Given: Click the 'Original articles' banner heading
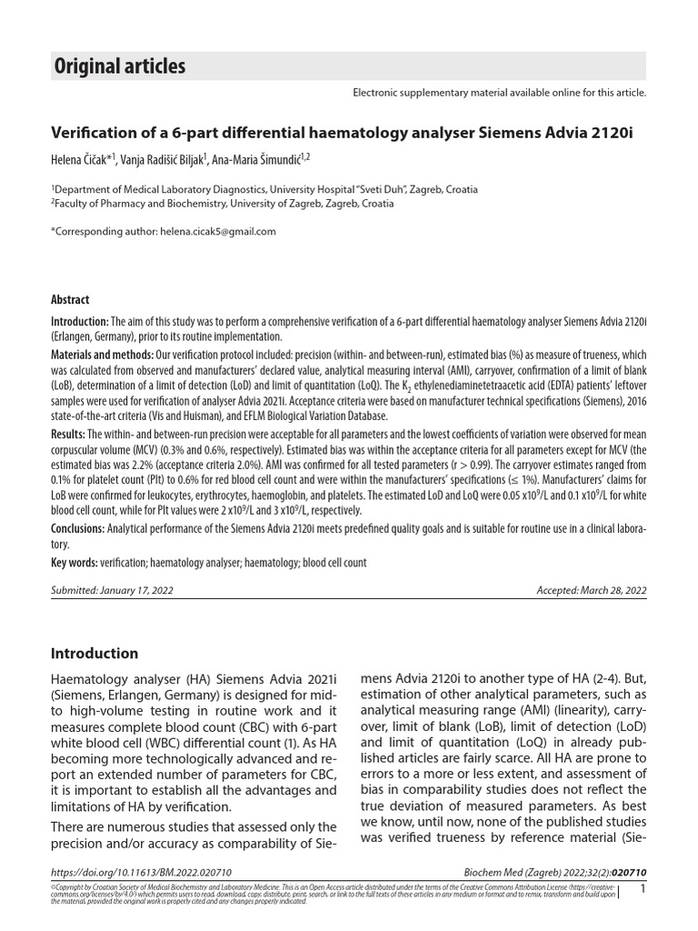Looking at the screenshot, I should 120,66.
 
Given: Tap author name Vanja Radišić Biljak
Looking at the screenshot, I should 162,159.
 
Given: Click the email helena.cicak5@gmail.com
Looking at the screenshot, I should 217,232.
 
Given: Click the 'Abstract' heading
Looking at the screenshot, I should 70,300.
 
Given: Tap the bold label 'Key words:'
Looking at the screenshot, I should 74,563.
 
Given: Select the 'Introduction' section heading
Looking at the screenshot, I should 95,653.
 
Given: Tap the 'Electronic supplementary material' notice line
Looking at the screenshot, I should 499,93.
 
